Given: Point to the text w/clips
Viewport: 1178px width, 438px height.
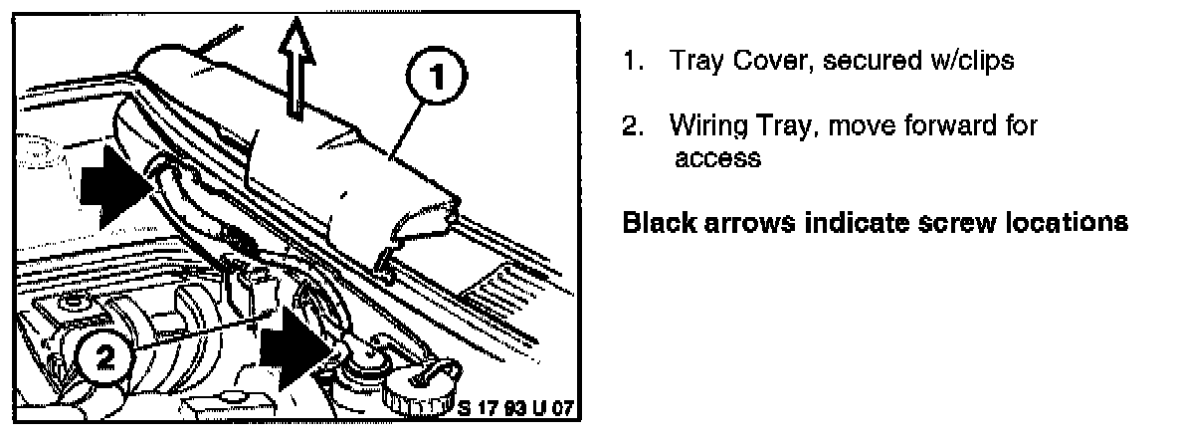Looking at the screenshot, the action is click(x=967, y=61).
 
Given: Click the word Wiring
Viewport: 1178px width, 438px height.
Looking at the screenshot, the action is click(x=705, y=127).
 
